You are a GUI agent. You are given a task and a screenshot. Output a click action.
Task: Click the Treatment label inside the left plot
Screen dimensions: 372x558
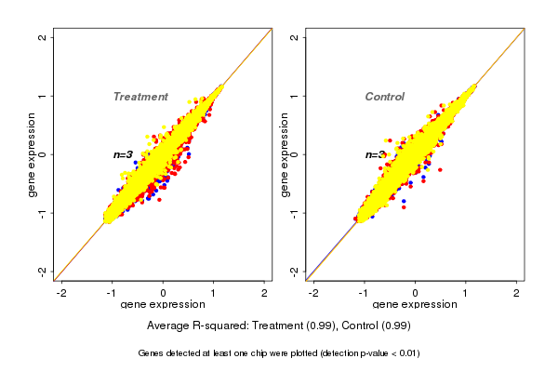coord(140,97)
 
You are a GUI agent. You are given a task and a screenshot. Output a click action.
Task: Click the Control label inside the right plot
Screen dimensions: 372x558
coord(384,97)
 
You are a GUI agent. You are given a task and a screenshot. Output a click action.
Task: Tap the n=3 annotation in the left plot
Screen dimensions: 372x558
coord(124,154)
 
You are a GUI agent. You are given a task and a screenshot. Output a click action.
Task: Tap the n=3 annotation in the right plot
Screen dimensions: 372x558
coord(375,154)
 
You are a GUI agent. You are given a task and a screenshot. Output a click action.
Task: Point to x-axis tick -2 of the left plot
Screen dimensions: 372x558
coord(62,293)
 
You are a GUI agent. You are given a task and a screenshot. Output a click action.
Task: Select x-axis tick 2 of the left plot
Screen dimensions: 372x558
coord(265,293)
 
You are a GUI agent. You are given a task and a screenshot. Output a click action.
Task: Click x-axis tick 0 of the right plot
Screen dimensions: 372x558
coord(415,293)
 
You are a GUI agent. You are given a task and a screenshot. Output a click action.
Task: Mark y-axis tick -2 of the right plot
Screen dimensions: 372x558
coord(295,271)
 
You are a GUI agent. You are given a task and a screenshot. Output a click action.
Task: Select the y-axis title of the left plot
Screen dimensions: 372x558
coord(32,154)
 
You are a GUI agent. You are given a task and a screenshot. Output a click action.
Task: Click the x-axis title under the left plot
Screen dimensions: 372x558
coord(163,305)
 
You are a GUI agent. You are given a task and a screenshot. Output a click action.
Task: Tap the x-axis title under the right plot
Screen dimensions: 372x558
coord(415,305)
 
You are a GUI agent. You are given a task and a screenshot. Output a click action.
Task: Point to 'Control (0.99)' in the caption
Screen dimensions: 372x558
coord(377,326)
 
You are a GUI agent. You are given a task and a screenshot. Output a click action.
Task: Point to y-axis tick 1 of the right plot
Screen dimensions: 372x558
coord(295,96)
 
